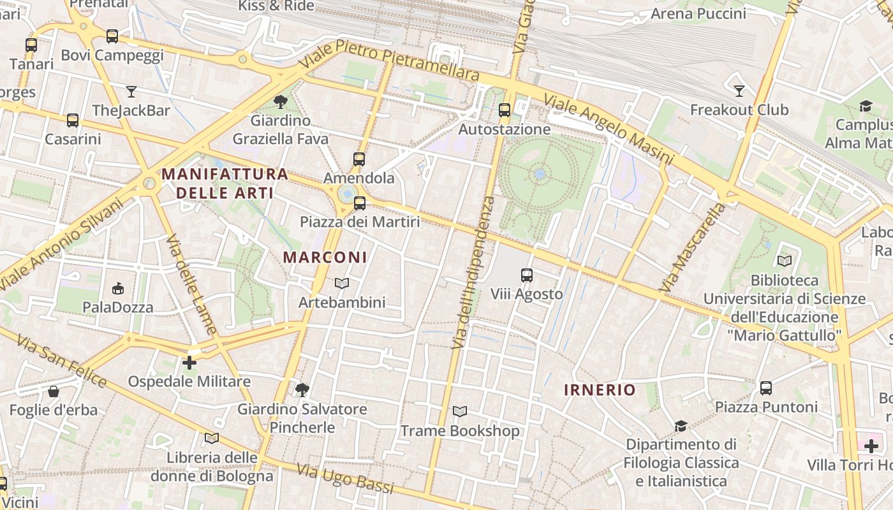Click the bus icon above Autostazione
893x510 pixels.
[505, 110]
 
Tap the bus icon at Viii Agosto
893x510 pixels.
[527, 275]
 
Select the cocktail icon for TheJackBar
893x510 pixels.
[131, 92]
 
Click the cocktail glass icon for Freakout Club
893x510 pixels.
[739, 91]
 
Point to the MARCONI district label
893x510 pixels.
[325, 258]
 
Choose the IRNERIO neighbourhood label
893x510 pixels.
[600, 390]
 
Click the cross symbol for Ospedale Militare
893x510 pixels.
[189, 363]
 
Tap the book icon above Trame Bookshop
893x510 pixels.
[460, 412]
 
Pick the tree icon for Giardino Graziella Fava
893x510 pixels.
[280, 101]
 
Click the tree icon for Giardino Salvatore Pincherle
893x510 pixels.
[302, 390]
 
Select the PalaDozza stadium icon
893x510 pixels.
[118, 289]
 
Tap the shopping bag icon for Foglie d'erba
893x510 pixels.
[54, 391]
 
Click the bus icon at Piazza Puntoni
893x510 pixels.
[766, 388]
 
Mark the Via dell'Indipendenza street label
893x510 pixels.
[473, 272]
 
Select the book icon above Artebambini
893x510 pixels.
[342, 283]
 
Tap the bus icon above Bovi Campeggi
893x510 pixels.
[112, 36]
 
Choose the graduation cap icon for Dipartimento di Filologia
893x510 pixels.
[681, 425]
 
